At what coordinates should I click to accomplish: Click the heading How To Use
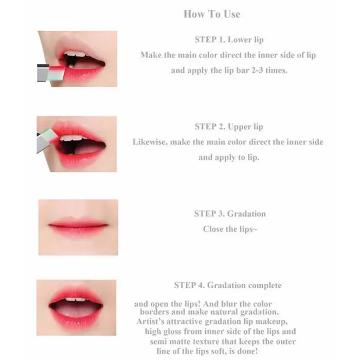(212, 14)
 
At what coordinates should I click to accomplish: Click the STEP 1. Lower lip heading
(229, 40)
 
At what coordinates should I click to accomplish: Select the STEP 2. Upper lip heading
(229, 127)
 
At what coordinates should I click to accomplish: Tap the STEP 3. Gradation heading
(230, 213)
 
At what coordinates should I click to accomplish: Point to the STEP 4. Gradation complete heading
(228, 285)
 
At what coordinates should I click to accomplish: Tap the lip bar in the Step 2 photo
(46, 139)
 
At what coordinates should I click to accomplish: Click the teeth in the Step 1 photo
(75, 55)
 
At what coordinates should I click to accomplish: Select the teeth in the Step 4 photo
(76, 299)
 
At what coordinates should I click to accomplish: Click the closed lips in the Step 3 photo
(78, 226)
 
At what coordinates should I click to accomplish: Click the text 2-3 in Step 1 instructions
(257, 70)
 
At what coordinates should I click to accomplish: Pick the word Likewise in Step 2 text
(149, 142)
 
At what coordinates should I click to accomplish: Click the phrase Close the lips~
(230, 229)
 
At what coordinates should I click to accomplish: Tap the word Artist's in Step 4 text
(150, 321)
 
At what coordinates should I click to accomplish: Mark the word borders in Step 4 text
(155, 312)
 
